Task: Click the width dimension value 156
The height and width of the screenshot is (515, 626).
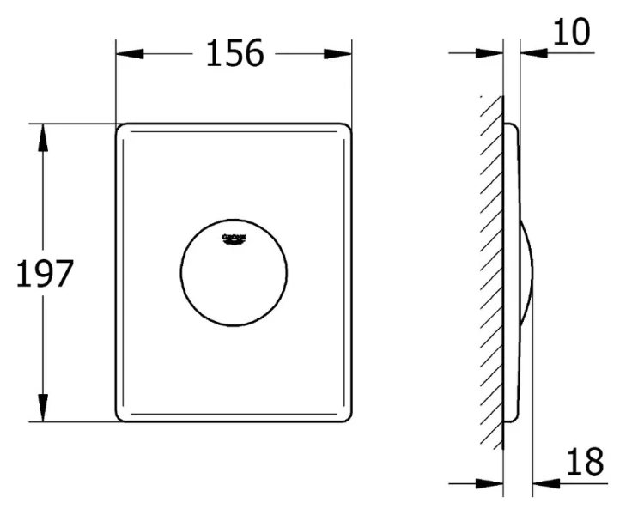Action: [x=234, y=54]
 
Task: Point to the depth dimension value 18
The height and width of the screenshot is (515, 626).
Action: [x=584, y=463]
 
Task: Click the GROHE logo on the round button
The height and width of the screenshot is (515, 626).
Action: [x=234, y=238]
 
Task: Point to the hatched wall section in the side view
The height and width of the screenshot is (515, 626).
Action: [x=492, y=275]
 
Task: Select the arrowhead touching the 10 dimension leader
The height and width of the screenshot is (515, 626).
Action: [x=532, y=53]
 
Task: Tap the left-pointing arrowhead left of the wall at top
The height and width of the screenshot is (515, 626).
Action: [x=489, y=53]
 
